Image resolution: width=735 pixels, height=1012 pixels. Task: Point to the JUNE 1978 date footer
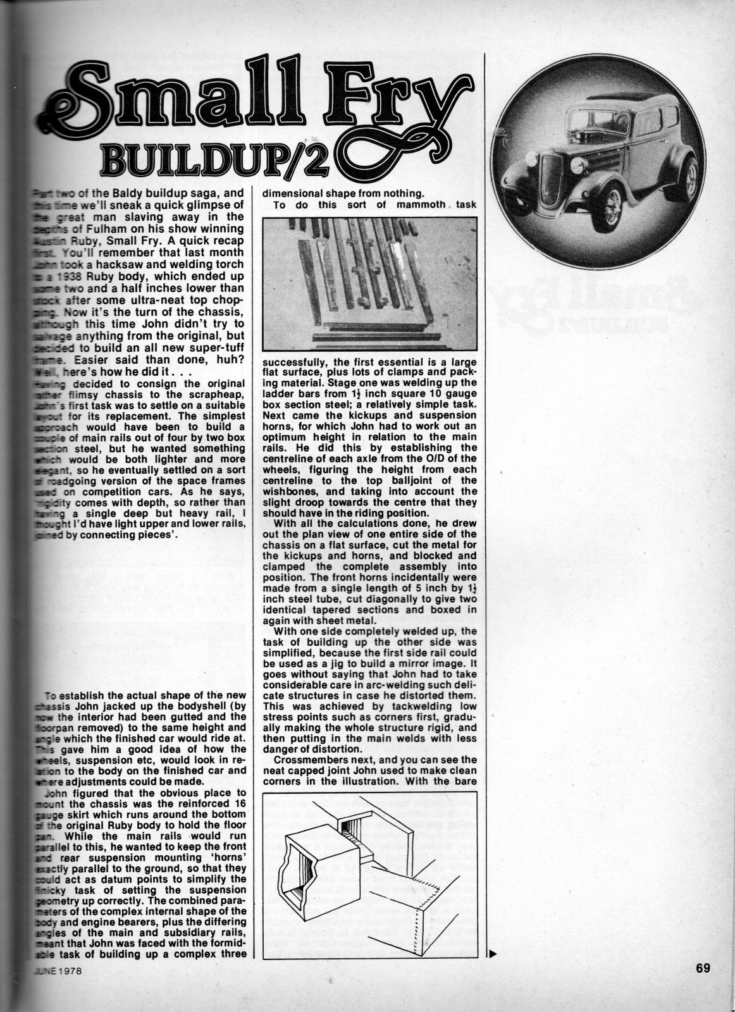coord(57,987)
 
